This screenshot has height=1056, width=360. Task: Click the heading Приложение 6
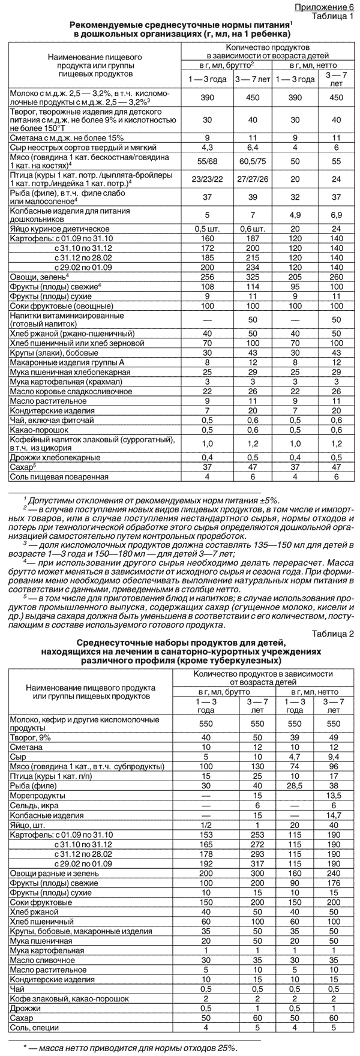pos(328,7)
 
